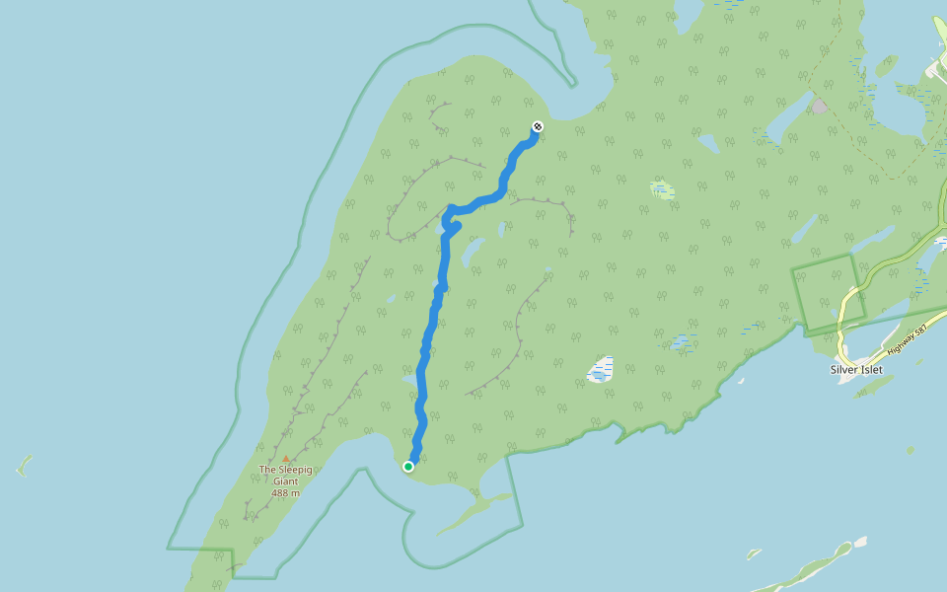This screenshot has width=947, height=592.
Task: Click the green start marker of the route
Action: (x=408, y=467)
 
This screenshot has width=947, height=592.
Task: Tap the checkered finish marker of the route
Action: (x=538, y=126)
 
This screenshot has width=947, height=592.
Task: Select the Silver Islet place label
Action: (x=856, y=370)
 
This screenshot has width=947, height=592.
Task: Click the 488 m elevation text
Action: (x=286, y=492)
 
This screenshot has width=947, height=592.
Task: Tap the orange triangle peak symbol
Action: (x=286, y=459)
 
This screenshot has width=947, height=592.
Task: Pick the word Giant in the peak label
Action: (x=286, y=481)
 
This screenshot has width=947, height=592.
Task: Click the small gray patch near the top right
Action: (x=819, y=106)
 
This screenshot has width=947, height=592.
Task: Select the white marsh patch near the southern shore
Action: (x=601, y=370)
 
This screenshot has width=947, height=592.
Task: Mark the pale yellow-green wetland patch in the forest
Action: (x=662, y=188)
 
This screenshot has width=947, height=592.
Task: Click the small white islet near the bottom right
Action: (x=860, y=542)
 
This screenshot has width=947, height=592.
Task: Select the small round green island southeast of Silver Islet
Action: (x=910, y=451)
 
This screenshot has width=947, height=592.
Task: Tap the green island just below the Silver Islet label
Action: (x=873, y=386)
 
